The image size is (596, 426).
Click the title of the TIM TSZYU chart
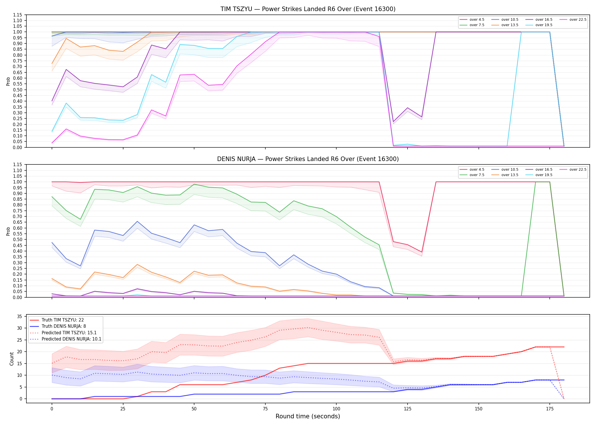pyautogui.click(x=308, y=9)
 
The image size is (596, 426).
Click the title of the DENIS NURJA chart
pyautogui.click(x=308, y=159)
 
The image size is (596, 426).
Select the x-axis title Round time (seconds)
pyautogui.click(x=308, y=416)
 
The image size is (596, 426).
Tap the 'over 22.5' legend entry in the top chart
pyautogui.click(x=573, y=20)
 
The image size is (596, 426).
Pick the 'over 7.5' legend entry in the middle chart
pyautogui.click(x=472, y=175)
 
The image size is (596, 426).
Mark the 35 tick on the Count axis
pyautogui.click(x=20, y=316)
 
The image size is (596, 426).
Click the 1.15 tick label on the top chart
pyautogui.click(x=17, y=15)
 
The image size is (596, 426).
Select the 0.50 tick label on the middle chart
pyautogui.click(x=17, y=240)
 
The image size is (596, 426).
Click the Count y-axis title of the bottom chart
pyautogui.click(x=12, y=359)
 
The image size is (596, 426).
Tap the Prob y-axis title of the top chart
pyautogui.click(x=8, y=81)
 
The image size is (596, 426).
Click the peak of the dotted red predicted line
pyautogui.click(x=308, y=327)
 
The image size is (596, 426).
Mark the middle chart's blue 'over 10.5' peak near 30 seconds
pyautogui.click(x=137, y=221)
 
